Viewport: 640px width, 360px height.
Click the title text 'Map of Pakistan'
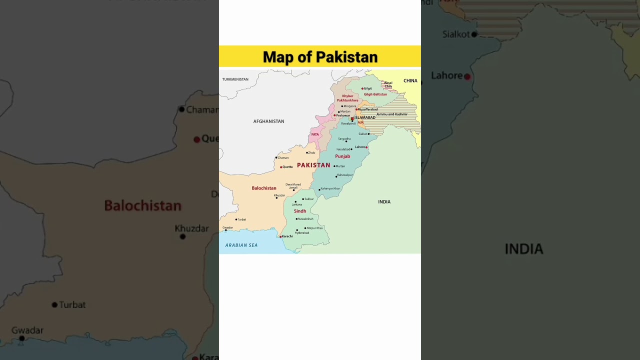(320, 57)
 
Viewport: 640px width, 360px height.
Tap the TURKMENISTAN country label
(235, 79)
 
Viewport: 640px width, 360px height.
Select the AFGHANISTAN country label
(268, 121)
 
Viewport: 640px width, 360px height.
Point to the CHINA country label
(410, 81)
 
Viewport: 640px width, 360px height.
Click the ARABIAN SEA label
(241, 245)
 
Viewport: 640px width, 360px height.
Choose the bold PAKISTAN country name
(313, 165)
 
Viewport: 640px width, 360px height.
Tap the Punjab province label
(342, 156)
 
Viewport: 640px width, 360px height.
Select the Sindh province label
(300, 211)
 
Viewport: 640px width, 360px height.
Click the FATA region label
(315, 134)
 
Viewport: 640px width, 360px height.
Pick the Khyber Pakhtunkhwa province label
(347, 98)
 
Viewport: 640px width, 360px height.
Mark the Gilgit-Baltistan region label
(375, 94)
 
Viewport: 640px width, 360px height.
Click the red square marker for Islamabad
(352, 118)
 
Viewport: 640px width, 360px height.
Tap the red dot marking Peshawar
(334, 115)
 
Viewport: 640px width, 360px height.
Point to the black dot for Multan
(334, 166)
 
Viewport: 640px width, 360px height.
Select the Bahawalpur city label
(345, 175)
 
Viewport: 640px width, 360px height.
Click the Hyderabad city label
(302, 233)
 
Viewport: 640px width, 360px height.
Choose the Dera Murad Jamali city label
(293, 186)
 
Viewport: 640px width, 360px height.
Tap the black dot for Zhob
(307, 152)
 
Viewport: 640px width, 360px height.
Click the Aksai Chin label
(388, 84)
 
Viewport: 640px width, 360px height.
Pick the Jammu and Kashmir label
(391, 114)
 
